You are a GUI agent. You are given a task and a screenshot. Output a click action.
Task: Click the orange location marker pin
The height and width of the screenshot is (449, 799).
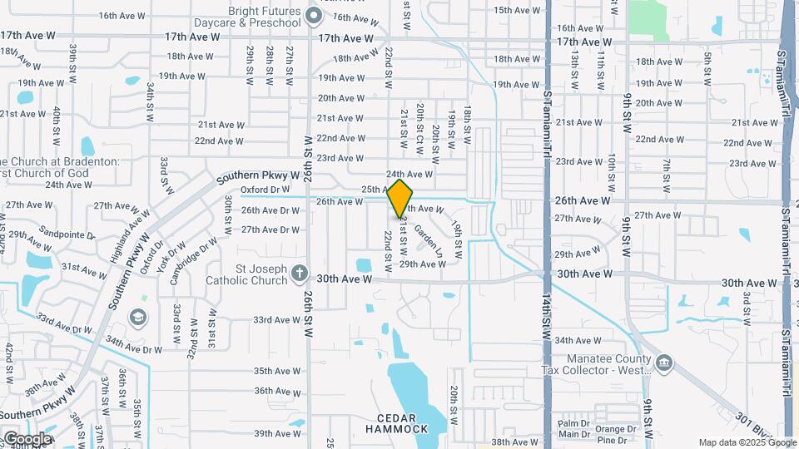coord(399,198)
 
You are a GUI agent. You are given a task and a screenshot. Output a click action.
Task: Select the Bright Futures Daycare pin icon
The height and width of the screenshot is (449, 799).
coord(313,15)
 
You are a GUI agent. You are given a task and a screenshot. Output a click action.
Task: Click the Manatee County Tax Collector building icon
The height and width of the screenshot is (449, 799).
coord(664,363)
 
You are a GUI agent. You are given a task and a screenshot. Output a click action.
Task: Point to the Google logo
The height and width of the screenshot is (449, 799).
coord(27,438)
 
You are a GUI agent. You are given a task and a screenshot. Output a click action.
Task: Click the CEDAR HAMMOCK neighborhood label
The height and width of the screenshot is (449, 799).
coord(396,422)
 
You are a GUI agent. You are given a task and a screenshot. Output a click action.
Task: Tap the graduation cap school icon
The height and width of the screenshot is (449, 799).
coord(137,318)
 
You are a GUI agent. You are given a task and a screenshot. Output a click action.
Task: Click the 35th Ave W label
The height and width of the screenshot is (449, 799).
coord(277,371)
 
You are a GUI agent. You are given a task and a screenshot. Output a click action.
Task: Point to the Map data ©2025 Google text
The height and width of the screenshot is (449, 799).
coord(746,442)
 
